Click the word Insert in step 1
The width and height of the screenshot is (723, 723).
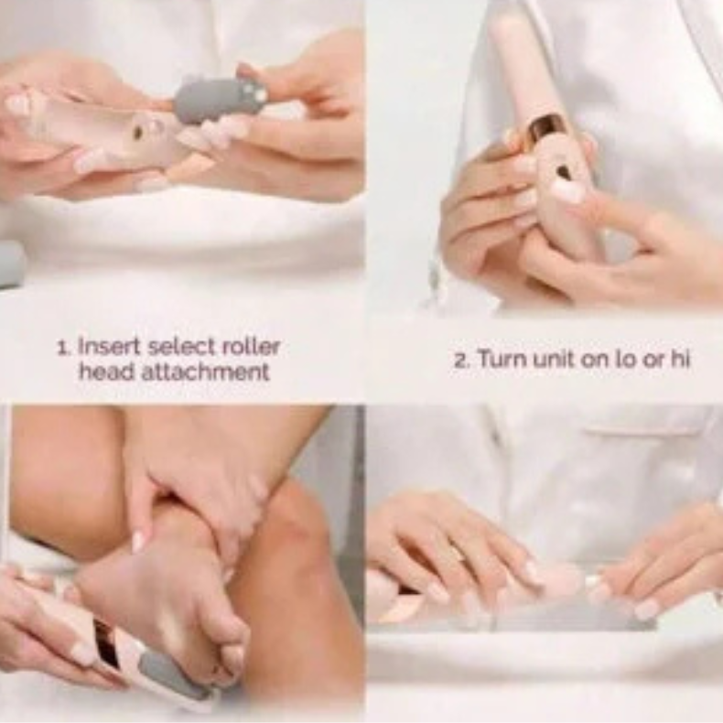click(x=108, y=347)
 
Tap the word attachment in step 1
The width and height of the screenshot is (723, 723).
click(x=205, y=372)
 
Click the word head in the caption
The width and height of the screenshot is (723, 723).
click(x=107, y=372)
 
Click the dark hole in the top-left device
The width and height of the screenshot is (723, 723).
click(x=138, y=133)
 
